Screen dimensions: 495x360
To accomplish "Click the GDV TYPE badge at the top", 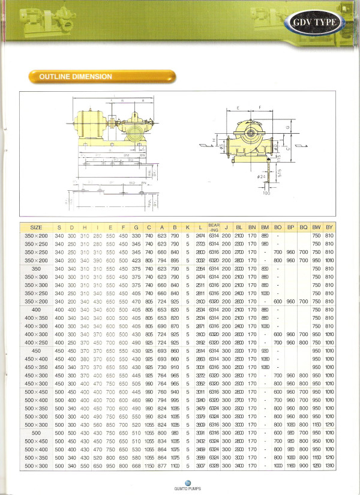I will coord(317,23).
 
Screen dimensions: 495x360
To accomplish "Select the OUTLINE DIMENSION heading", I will coord(76,77).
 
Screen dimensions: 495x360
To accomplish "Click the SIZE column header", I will coord(37,227).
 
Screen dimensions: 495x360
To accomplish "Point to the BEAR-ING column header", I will coord(214,227).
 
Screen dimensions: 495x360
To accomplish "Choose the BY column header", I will coord(329,227).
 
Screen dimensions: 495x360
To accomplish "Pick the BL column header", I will coord(239,227).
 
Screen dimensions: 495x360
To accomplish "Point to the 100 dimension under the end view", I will coord(266,193).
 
